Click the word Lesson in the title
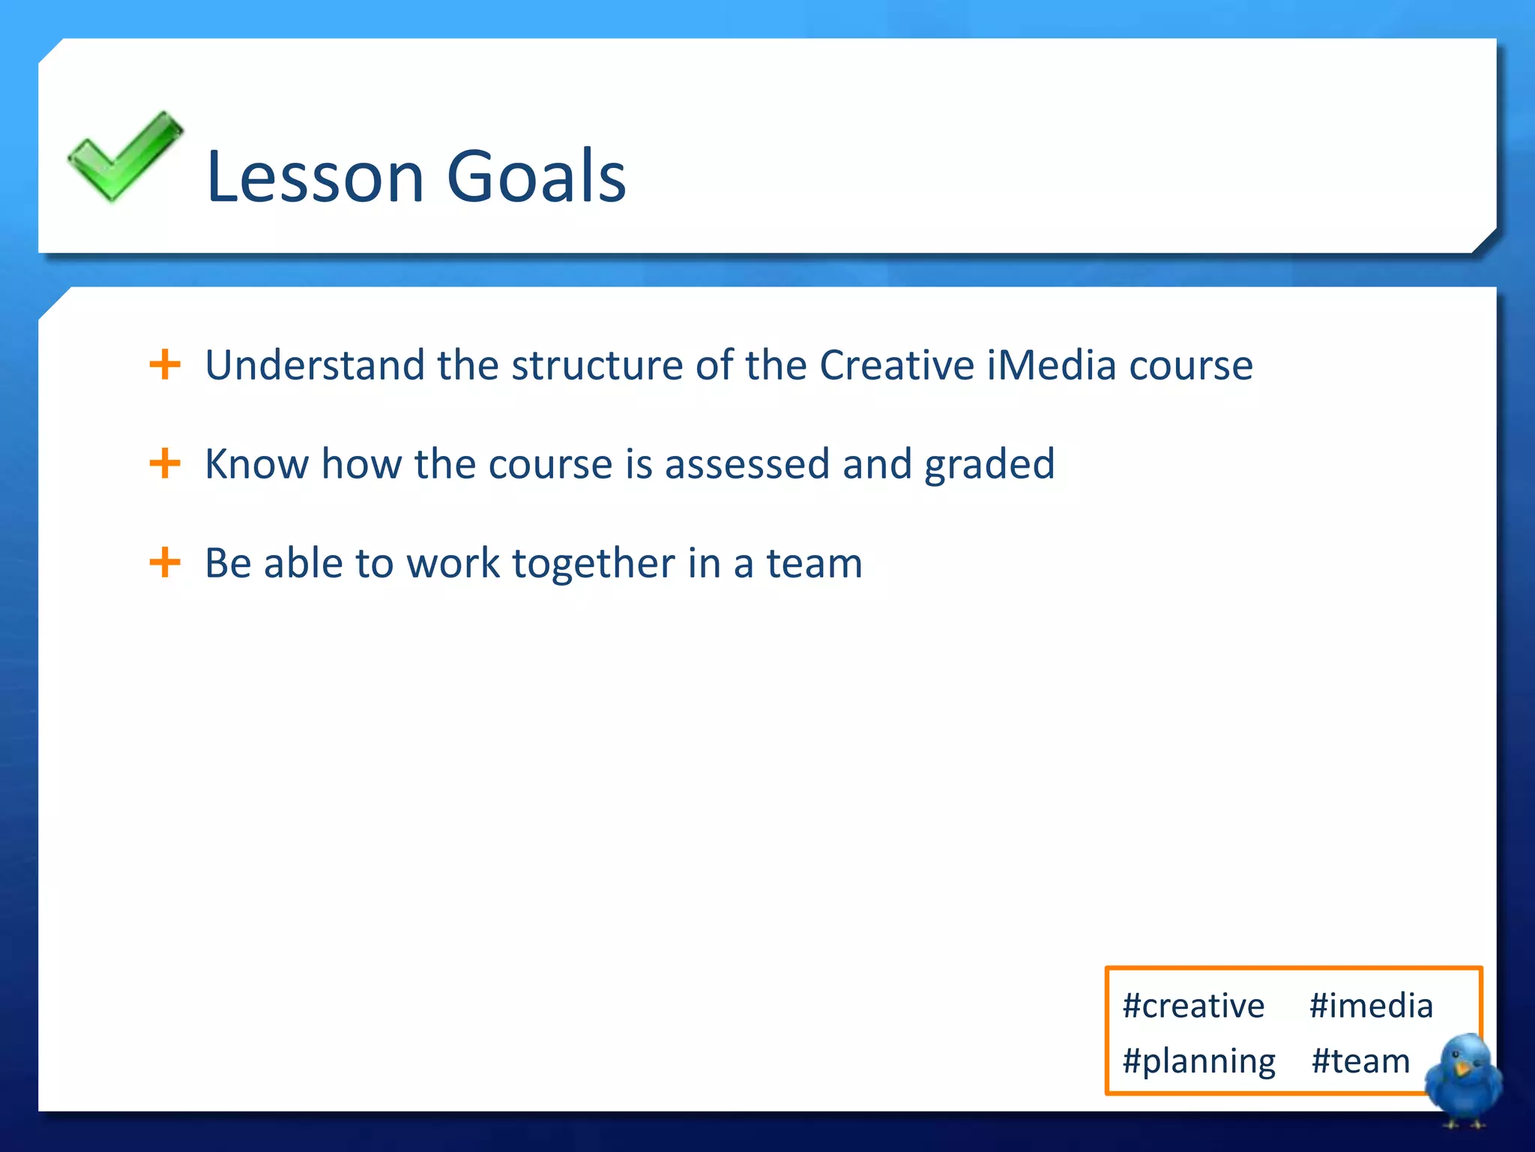(316, 177)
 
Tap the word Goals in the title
(536, 177)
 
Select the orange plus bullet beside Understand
(165, 365)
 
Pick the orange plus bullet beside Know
(165, 463)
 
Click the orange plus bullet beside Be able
(165, 562)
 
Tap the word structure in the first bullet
(597, 367)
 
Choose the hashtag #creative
(1193, 1006)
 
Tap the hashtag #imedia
(1371, 1006)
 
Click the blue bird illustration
(1463, 1080)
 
